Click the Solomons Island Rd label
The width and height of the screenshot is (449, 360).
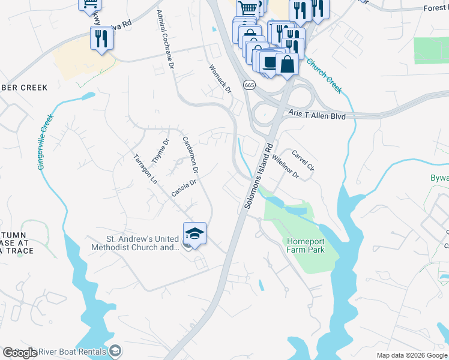[x=259, y=176]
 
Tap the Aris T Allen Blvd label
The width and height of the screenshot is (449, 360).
[x=316, y=115]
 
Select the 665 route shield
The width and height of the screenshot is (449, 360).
[x=249, y=85]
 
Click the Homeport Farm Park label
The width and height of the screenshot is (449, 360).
[x=304, y=245]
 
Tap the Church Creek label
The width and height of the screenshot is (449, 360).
[x=324, y=76]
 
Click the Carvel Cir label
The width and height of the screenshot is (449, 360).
[x=303, y=160]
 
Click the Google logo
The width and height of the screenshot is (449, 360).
[x=20, y=353]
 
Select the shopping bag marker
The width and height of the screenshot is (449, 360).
[x=288, y=64]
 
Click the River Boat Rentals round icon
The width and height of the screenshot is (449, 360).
[x=116, y=351]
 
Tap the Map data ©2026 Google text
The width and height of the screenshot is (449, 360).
[x=412, y=355]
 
